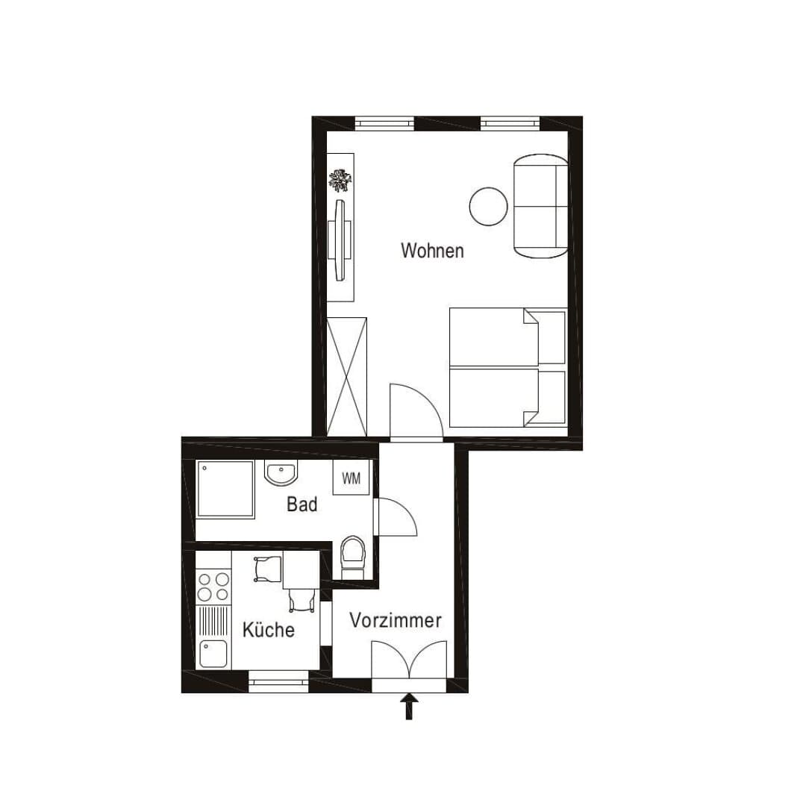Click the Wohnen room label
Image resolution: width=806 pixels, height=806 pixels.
[432, 250]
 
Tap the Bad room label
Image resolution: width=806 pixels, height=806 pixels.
[302, 504]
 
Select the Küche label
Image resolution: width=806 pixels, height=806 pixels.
[269, 629]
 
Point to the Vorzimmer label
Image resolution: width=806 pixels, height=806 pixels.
[396, 620]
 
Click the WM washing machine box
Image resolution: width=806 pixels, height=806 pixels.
[351, 478]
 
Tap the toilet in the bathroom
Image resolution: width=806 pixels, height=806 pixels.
[353, 557]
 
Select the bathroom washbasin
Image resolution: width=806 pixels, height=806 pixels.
[281, 472]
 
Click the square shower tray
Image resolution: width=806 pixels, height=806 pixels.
[225, 490]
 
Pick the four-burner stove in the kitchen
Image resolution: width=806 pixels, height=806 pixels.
[213, 587]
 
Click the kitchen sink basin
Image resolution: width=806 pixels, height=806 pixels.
[213, 653]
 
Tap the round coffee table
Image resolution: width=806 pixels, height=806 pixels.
[488, 206]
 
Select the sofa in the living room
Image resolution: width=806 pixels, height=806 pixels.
[541, 206]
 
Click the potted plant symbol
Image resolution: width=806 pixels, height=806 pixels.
[341, 180]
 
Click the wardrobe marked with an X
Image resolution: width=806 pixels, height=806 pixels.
[347, 377]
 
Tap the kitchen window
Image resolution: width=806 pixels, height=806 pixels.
[279, 682]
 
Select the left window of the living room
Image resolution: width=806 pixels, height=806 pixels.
[384, 124]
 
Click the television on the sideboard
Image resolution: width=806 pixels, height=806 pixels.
[340, 240]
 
